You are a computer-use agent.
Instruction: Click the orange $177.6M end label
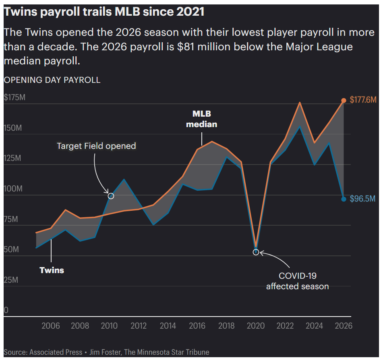(363, 100)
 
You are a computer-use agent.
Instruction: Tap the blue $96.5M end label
(362, 199)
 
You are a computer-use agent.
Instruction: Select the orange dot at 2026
(344, 101)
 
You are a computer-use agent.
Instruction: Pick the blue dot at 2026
(344, 199)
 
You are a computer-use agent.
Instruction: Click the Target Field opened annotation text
(96, 146)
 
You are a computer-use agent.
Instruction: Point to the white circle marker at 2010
(111, 196)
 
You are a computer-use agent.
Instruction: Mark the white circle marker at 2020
(256, 252)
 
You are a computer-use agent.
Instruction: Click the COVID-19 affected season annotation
(297, 281)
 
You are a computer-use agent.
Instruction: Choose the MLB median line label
(201, 119)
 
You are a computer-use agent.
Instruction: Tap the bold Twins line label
(52, 270)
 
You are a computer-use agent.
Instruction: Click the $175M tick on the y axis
(14, 98)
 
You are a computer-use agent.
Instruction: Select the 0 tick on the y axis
(6, 310)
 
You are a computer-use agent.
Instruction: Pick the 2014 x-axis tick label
(168, 326)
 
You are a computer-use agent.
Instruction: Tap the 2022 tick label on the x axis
(285, 326)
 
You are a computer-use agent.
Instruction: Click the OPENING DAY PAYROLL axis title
(52, 80)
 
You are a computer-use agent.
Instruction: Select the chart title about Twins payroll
(104, 12)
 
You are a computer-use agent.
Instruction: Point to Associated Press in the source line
(56, 352)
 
